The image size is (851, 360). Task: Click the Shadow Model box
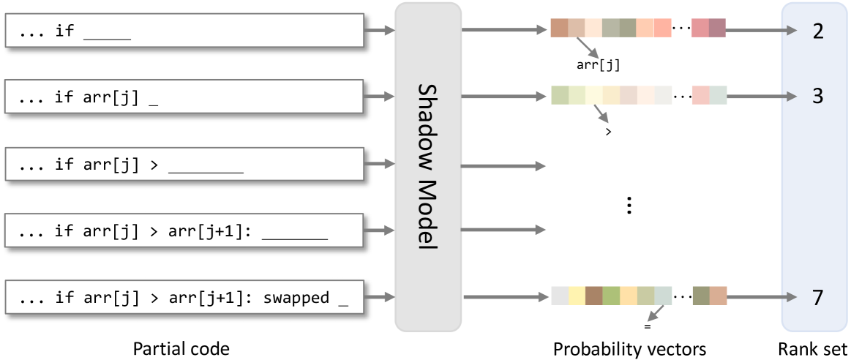(x=428, y=165)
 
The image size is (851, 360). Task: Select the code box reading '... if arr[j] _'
(x=184, y=97)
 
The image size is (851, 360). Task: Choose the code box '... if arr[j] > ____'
(x=184, y=164)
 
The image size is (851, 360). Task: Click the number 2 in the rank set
(x=817, y=31)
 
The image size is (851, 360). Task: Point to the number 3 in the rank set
(x=817, y=97)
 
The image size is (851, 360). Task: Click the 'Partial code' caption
(x=181, y=349)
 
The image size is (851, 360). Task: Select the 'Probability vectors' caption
(x=629, y=349)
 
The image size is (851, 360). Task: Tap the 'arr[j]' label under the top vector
(x=599, y=65)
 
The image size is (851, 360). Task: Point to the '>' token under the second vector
(x=608, y=132)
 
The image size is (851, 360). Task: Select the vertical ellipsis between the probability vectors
(x=629, y=206)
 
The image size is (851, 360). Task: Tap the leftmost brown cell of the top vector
(x=559, y=29)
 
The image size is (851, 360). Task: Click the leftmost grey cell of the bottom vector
(x=559, y=296)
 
